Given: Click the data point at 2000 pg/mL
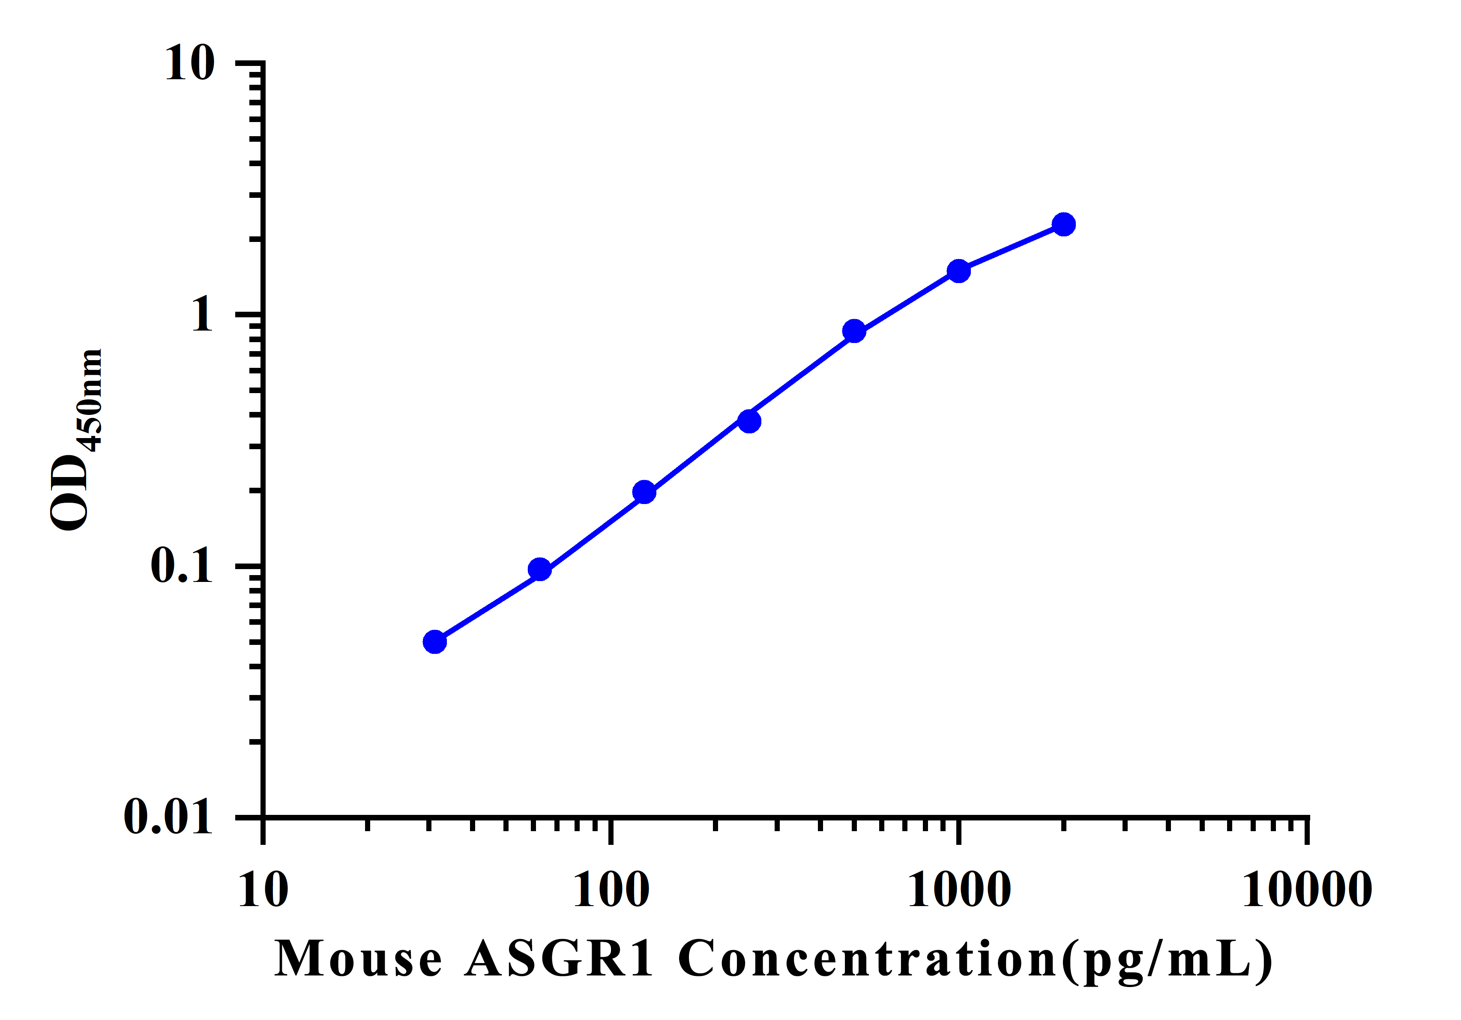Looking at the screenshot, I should point(1063,224).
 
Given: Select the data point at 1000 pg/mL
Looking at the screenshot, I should point(958,271).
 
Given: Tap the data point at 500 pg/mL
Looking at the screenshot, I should point(854,331).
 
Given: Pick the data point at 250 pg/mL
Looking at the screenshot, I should point(750,421).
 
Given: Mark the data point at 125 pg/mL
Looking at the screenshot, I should point(644,492).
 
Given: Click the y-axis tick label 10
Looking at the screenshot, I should point(190,64).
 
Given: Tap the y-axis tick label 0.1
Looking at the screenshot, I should point(181,565).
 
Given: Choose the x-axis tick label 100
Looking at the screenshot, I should point(611,890).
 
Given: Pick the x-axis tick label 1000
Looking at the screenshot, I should point(959,890).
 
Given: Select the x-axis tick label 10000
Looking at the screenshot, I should point(1307,890).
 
